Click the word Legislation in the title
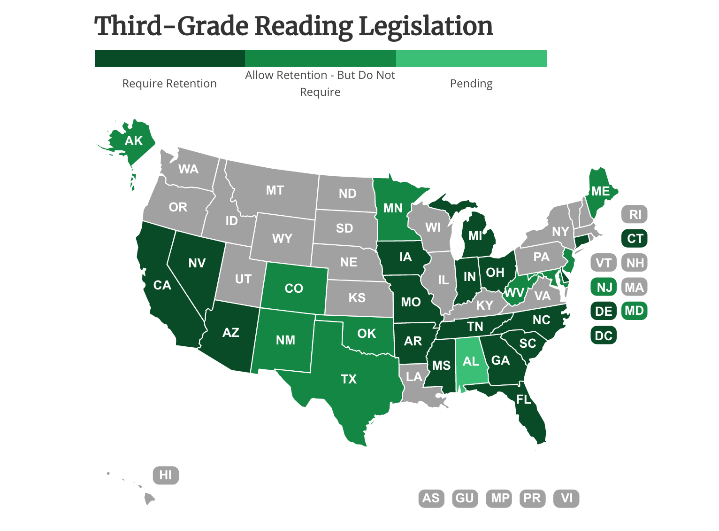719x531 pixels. pyautogui.click(x=426, y=26)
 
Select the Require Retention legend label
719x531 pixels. pyautogui.click(x=169, y=84)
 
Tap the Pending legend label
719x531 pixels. pyautogui.click(x=471, y=84)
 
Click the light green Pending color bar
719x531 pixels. pyautogui.click(x=471, y=58)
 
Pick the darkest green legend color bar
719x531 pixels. pyautogui.click(x=169, y=58)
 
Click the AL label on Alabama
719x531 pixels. pyautogui.click(x=471, y=361)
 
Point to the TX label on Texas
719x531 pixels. pyautogui.click(x=349, y=379)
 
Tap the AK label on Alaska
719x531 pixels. pyautogui.click(x=133, y=141)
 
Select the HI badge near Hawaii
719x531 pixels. pyautogui.click(x=166, y=475)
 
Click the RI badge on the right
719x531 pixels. pyautogui.click(x=635, y=214)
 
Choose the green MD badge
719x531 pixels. pyautogui.click(x=634, y=311)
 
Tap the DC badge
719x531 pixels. pyautogui.click(x=604, y=336)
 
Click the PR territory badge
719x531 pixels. pyautogui.click(x=532, y=498)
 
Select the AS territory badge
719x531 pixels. pyautogui.click(x=431, y=498)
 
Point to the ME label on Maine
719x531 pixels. pyautogui.click(x=600, y=191)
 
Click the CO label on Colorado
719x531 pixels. pyautogui.click(x=294, y=288)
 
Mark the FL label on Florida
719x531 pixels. pyautogui.click(x=524, y=399)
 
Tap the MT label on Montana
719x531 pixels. pyautogui.click(x=275, y=190)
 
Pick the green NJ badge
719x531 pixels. pyautogui.click(x=604, y=287)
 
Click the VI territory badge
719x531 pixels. pyautogui.click(x=566, y=498)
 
